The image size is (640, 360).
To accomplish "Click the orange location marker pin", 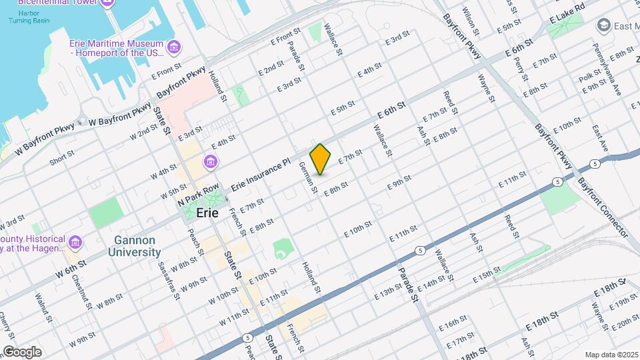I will pos(321,159).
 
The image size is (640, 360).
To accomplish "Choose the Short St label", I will pos(61,158).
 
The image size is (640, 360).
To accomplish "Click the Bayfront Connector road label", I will pos(603,207).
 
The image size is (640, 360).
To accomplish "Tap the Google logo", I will pos(22,351).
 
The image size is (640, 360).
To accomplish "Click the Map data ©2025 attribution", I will pos(611,355).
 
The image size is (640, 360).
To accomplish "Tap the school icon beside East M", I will pos(604,25).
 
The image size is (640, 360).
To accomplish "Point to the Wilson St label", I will pos(472,21).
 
